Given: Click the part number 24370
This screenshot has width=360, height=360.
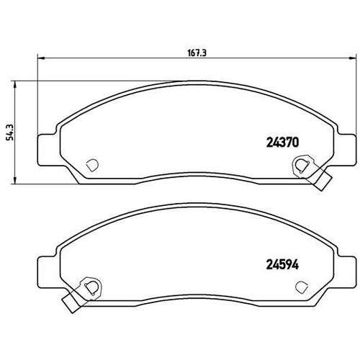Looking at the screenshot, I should click(x=274, y=143).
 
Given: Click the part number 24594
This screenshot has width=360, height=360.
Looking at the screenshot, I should click(x=274, y=264).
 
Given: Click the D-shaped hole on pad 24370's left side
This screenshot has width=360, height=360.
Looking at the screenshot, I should click(x=91, y=165).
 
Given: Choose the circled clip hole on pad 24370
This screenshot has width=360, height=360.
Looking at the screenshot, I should click(x=300, y=166).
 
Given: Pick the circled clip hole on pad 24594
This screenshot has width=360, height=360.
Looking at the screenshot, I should click(x=90, y=287).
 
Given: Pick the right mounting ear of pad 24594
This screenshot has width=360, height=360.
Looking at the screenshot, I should click(x=348, y=271).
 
